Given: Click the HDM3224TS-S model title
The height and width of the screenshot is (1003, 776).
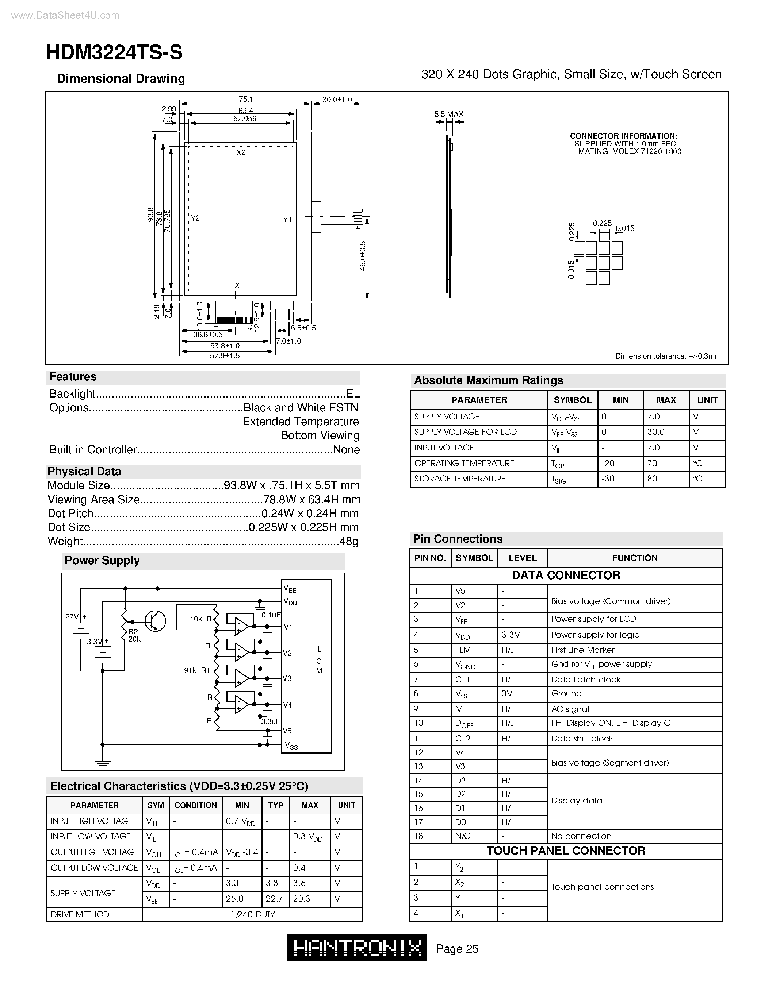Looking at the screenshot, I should tap(114, 53).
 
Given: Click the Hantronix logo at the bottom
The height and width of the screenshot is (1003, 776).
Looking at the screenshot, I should tap(357, 948).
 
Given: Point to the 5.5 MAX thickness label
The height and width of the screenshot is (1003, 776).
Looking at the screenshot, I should tap(449, 114).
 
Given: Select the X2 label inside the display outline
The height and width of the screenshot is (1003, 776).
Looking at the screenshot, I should tap(241, 152).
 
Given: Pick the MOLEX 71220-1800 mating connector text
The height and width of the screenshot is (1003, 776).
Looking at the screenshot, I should tap(630, 152).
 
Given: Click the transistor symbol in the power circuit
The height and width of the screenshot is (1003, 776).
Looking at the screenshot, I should tap(154, 621).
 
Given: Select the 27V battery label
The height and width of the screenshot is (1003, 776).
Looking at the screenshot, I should tap(73, 617).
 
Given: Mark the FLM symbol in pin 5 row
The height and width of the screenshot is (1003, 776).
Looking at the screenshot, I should tap(463, 650).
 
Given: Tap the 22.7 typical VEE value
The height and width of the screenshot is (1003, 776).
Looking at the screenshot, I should tap(274, 899).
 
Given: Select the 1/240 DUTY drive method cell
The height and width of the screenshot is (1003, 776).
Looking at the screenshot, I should tap(252, 914).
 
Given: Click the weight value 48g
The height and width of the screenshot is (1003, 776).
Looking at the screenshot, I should tap(348, 542).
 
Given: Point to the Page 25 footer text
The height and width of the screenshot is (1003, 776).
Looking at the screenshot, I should tap(457, 949).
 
